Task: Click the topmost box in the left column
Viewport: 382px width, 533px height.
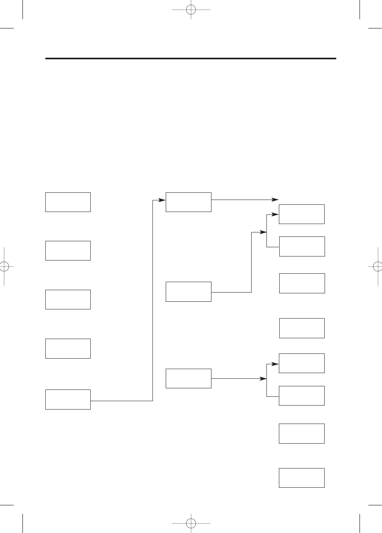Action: [68, 202]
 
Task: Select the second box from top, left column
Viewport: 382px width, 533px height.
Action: [68, 250]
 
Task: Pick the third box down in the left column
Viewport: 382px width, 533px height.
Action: [68, 299]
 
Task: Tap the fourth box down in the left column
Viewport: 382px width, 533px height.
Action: [68, 348]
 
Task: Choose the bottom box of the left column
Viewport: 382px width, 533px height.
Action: [68, 399]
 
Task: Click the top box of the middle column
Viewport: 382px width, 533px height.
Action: [188, 202]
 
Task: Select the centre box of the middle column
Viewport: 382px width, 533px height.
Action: [188, 291]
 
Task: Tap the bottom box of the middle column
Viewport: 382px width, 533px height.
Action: [188, 378]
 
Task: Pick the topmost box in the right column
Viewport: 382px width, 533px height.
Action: [301, 214]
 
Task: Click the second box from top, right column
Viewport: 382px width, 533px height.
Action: [302, 246]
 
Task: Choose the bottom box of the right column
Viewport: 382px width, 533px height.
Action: [301, 478]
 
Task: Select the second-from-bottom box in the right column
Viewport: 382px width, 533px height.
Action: [301, 433]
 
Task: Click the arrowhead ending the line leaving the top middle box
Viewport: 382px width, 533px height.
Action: [275, 199]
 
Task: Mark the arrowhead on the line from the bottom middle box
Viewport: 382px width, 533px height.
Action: [264, 378]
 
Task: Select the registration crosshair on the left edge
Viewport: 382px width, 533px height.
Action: [4, 266]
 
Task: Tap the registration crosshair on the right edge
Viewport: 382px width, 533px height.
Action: [378, 266]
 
